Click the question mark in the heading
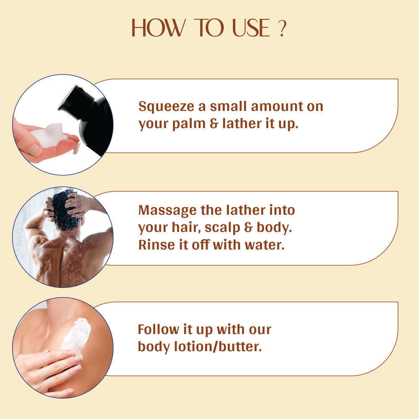pos(282,28)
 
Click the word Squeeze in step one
pos(166,107)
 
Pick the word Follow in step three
pos(159,329)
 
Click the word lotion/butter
pos(218,347)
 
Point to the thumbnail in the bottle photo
pos(35,150)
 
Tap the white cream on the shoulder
pos(77,333)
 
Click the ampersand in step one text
pos(214,123)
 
